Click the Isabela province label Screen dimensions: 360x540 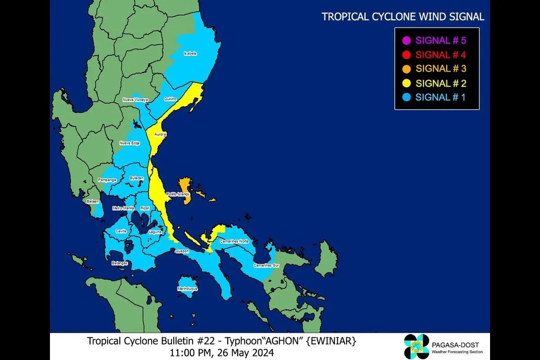190,54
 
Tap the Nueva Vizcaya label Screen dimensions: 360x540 135,99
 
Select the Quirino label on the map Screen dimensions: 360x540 170,99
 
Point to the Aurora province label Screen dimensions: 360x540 161,135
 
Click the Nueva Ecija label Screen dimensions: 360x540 129,143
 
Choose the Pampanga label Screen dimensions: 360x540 107,180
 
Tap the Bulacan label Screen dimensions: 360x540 136,178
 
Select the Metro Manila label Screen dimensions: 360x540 123,208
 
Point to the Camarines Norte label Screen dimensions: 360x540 234,241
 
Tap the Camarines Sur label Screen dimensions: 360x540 266,265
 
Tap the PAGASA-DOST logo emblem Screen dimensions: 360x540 417,347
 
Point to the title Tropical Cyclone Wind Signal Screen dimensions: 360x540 403,17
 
